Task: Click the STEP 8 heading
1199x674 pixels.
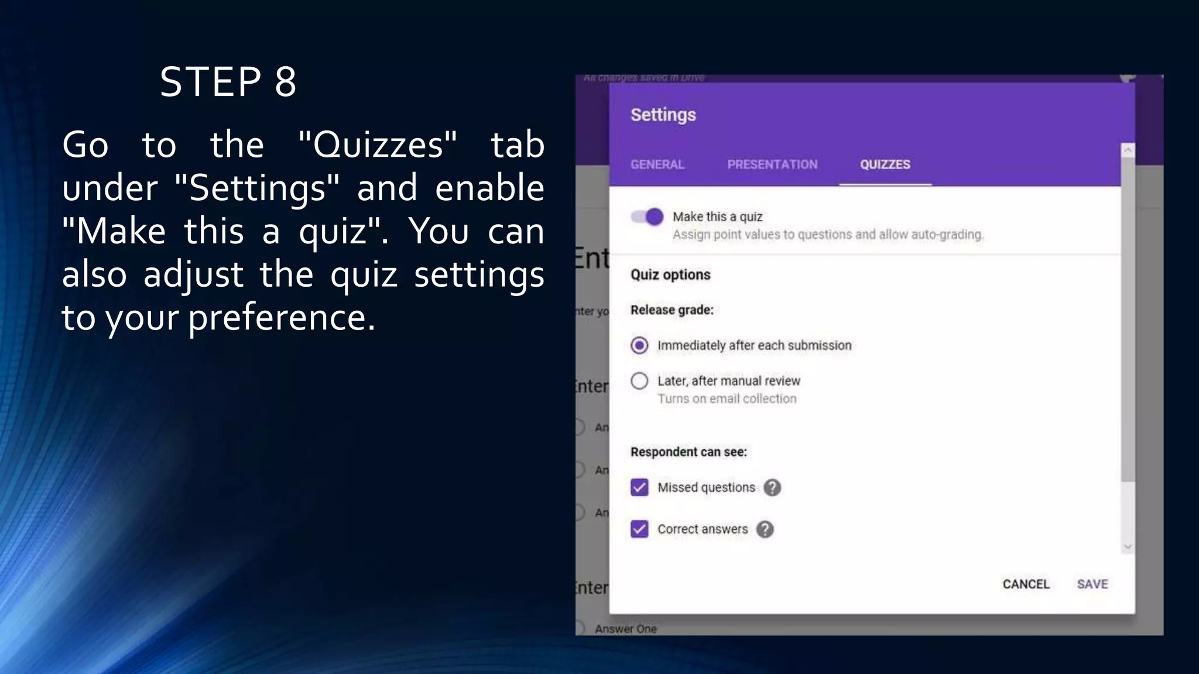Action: pos(228,82)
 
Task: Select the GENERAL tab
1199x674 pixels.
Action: pos(657,164)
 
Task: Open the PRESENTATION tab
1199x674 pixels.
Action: pos(772,164)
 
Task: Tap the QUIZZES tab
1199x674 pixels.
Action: pos(885,164)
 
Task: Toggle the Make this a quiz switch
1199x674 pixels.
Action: pos(648,217)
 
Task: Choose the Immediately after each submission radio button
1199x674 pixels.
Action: pos(639,346)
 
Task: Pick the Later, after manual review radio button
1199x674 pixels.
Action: pos(639,381)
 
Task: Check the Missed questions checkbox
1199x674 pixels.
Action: pos(639,487)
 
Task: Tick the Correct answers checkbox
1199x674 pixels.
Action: pos(639,529)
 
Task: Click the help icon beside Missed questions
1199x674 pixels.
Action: pos(772,487)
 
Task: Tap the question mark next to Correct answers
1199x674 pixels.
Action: pos(765,529)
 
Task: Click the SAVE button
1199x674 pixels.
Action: pos(1092,584)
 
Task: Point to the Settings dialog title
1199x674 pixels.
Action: pos(663,115)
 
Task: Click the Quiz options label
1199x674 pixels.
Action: pos(670,274)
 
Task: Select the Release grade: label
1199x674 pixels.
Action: pos(672,310)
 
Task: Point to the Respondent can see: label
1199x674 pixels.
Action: pos(688,452)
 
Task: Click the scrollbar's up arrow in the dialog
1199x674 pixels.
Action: pos(1128,151)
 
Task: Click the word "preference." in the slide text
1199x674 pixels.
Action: pos(282,318)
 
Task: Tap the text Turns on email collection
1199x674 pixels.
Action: pos(727,398)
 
